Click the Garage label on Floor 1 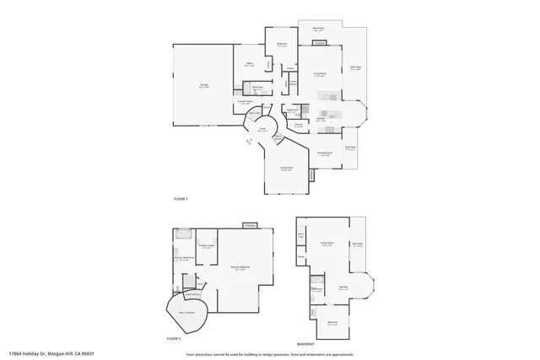(203, 86)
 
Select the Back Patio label (319, 30)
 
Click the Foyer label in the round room (262, 129)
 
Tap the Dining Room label (323, 154)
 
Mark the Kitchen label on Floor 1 (321, 119)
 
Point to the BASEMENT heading (305, 344)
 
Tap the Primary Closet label (207, 246)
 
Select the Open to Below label (187, 312)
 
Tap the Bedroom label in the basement (332, 322)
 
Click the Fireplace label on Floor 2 (250, 226)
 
